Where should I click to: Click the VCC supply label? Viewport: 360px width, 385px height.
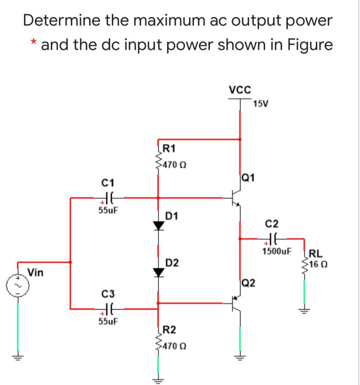click(240, 90)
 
